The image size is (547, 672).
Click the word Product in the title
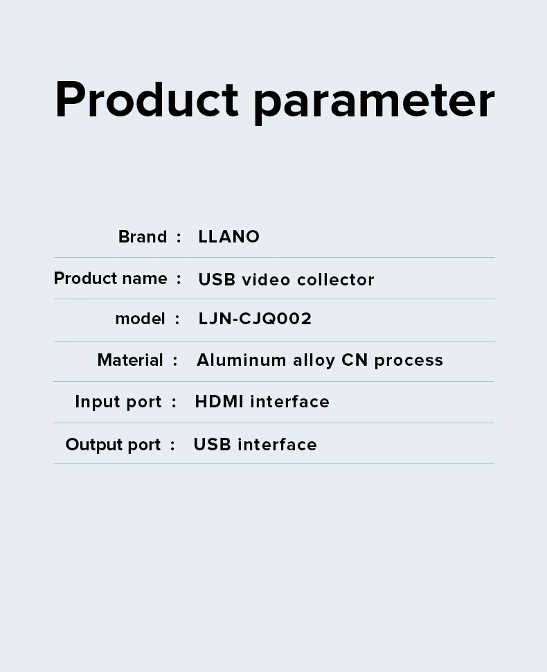147,99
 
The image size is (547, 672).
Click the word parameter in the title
375,103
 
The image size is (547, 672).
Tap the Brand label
143,236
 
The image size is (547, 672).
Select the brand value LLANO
228,236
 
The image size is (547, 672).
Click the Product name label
111,278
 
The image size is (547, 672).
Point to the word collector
335,280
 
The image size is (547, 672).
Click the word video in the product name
266,280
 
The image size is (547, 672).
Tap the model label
140,319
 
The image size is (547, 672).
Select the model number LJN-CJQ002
255,319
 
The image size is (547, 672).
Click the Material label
130,360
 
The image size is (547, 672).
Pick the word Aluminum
241,360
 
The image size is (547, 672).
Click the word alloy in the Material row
314,361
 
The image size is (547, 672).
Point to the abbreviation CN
355,360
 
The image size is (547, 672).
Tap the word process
409,361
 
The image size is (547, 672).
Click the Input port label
118,402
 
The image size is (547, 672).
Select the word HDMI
219,402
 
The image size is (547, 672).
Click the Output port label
113,445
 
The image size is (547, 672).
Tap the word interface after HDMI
289,402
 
